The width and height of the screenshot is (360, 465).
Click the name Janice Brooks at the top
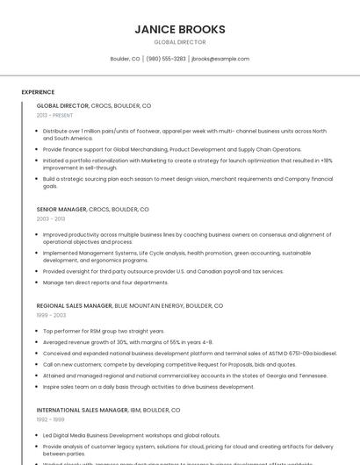coord(180,29)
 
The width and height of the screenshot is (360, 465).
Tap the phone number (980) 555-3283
coord(166,59)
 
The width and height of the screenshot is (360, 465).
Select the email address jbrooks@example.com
coord(220,59)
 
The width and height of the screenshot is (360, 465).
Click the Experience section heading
coord(38,92)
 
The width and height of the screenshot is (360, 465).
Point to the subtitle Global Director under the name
coord(180,42)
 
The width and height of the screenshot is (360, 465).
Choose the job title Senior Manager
coord(61,210)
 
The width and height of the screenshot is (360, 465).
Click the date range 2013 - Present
coord(54,115)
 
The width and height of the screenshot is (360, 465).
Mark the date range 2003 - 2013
coord(51,218)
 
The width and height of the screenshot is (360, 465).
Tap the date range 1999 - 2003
coord(51,314)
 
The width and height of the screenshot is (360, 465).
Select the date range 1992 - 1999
coord(51,418)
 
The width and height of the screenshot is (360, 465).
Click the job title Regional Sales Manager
coord(75,305)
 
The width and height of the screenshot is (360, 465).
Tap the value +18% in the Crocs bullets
coord(326,161)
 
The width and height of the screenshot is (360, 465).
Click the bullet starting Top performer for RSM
coord(104,331)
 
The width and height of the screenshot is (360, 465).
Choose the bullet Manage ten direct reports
coord(105,283)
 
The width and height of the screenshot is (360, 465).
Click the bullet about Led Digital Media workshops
coord(131,435)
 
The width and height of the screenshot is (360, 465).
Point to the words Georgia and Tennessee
coord(298,375)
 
